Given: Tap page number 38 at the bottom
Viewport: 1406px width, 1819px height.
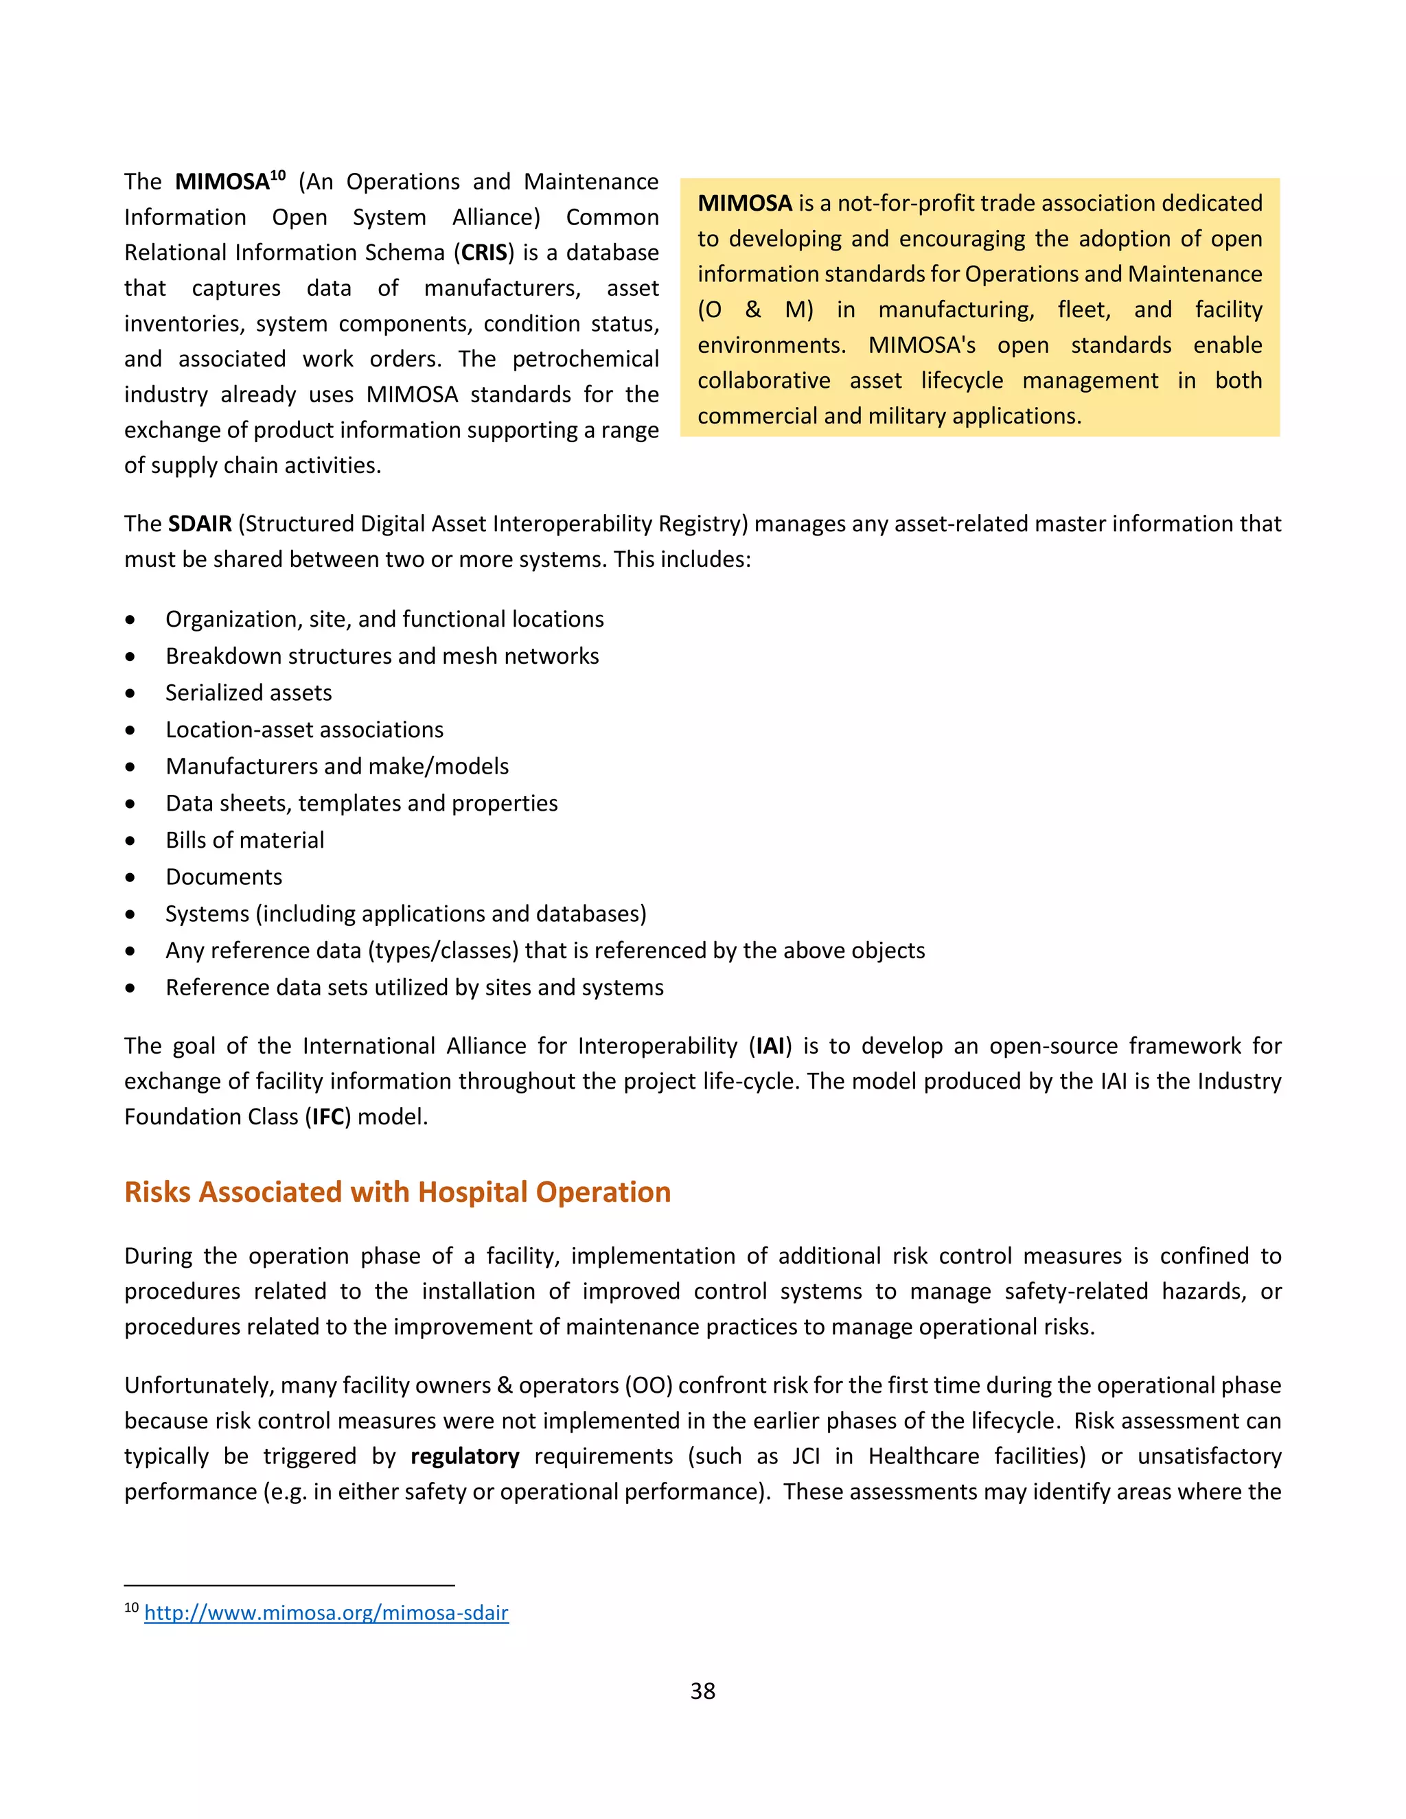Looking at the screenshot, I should coord(702,1691).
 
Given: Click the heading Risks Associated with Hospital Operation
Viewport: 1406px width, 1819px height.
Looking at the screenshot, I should coord(397,1192).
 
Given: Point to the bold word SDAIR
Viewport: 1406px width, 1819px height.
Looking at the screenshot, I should coord(200,524).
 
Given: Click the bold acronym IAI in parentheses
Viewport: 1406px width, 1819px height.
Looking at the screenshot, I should coord(770,1045).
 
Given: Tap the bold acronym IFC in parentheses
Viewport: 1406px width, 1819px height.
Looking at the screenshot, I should coord(328,1116).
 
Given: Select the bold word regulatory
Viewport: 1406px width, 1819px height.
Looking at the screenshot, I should coord(465,1456).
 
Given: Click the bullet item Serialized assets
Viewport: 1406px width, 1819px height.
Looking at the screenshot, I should coord(249,693).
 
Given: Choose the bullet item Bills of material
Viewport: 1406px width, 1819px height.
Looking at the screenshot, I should coord(245,839).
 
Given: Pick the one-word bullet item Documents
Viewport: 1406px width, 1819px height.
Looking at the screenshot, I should coord(224,877).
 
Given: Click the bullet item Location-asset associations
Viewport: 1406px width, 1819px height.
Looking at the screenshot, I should coord(304,730).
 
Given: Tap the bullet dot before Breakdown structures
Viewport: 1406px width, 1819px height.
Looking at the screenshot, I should coord(130,657).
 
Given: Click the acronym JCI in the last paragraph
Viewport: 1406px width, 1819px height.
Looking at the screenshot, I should coord(805,1456).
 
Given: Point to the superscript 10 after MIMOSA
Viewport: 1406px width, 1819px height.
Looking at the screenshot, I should coord(277,175).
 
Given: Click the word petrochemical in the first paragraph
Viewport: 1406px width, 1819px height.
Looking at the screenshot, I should coord(585,359).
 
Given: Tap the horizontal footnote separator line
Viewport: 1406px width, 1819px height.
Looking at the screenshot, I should coord(289,1586).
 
